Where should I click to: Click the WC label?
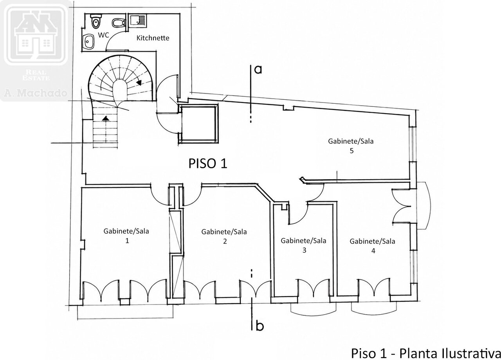click(x=104, y=35)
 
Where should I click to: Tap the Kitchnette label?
click(x=153, y=38)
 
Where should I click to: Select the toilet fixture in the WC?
click(x=96, y=21)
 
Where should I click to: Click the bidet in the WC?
click(x=118, y=23)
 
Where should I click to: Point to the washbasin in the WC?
click(x=89, y=41)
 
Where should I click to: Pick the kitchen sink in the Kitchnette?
click(x=137, y=21)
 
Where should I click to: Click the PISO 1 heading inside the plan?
click(x=208, y=164)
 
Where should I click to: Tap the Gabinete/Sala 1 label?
click(x=126, y=236)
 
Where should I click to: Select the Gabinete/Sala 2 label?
click(x=224, y=236)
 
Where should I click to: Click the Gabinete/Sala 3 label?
click(x=303, y=245)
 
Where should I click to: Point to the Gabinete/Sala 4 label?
click(x=372, y=246)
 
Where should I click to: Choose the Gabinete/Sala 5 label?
click(x=351, y=146)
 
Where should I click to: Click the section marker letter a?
click(x=258, y=70)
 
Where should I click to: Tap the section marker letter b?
click(x=260, y=326)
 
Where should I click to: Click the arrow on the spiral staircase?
click(x=139, y=83)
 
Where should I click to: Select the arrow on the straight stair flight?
click(x=106, y=118)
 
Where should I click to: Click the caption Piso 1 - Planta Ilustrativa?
click(x=425, y=353)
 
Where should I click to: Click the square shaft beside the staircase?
click(x=198, y=124)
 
